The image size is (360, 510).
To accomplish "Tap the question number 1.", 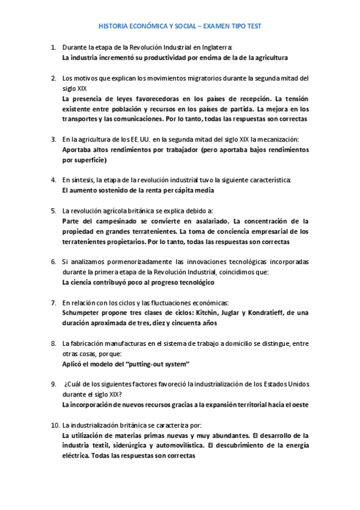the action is [x=53, y=47].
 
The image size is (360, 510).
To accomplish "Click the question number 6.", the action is [x=53, y=262].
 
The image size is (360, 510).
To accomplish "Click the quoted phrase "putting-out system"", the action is [x=157, y=364].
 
